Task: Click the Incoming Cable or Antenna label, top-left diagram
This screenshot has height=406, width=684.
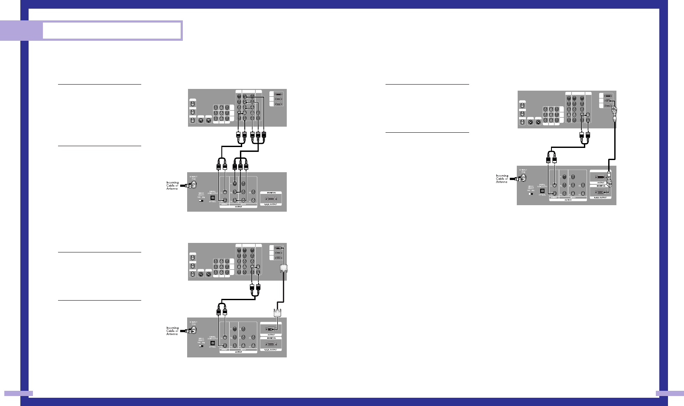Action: [172, 186]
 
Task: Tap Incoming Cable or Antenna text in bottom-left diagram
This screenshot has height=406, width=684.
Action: [172, 331]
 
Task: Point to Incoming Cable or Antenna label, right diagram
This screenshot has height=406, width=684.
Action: [502, 179]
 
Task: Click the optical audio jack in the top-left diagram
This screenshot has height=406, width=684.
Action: [212, 197]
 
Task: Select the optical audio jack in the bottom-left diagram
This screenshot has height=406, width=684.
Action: [212, 343]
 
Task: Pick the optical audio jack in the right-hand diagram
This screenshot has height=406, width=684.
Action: [542, 191]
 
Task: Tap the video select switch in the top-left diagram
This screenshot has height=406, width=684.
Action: [201, 200]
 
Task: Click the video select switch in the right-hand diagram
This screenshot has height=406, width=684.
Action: [531, 194]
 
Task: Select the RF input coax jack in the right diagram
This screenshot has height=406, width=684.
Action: [523, 177]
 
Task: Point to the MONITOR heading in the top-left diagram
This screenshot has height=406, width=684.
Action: [271, 193]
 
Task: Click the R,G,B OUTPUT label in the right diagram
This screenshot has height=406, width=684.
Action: [600, 197]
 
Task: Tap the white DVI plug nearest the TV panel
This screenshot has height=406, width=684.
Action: [284, 268]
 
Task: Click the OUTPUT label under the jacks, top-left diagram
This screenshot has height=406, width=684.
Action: [238, 207]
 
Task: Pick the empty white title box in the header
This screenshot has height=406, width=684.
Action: [112, 31]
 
